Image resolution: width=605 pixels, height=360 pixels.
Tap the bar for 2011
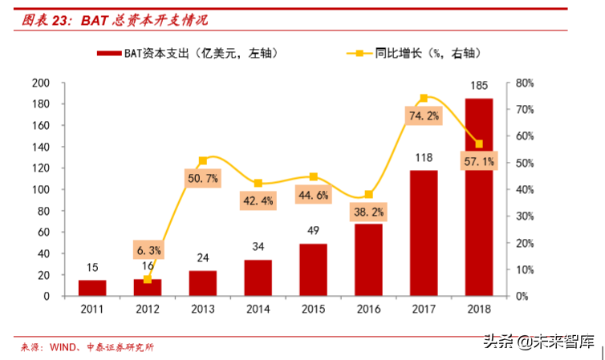click(x=91, y=288)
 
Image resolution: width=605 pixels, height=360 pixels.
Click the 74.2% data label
click(x=424, y=116)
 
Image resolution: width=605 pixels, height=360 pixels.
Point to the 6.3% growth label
click(x=148, y=250)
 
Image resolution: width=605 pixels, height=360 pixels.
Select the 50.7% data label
click(x=202, y=179)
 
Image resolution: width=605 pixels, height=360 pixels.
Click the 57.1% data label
click(x=479, y=162)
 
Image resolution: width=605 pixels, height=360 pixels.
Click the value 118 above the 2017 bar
click(x=424, y=158)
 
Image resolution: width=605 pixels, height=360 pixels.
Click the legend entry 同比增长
click(x=417, y=54)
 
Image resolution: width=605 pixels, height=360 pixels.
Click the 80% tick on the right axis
click(x=524, y=83)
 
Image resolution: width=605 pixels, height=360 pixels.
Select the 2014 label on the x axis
click(x=258, y=309)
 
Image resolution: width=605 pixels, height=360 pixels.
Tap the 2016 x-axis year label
click(x=368, y=309)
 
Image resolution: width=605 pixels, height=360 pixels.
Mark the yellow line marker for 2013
click(x=202, y=160)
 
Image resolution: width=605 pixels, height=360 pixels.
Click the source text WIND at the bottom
click(x=64, y=347)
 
